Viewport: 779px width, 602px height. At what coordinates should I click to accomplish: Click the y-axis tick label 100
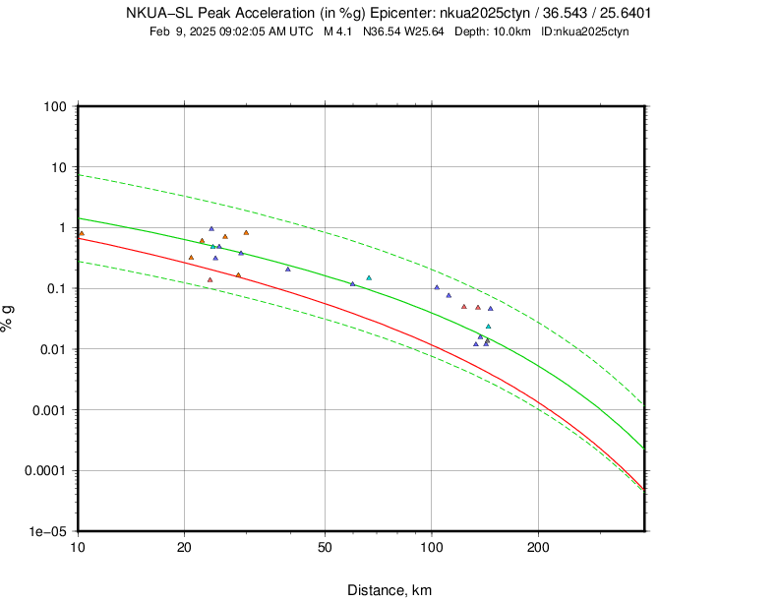pos(53,106)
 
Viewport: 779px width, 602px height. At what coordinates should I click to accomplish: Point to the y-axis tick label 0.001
pos(47,409)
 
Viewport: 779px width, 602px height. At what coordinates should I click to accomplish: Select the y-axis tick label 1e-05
pos(48,531)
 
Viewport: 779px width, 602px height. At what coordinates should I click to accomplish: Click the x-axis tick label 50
pos(325,547)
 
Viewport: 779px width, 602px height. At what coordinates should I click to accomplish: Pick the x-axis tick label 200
pos(538,547)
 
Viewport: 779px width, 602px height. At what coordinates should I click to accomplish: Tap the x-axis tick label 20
pos(184,547)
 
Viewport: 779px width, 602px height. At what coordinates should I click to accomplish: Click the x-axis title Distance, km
pos(389,590)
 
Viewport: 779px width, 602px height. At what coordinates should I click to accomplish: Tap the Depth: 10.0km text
pos(495,31)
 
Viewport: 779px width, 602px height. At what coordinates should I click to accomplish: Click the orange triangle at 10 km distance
pos(82,234)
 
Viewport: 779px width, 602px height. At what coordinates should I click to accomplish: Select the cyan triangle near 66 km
pos(369,278)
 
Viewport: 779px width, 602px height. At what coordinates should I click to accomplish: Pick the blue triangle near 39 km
pos(287,269)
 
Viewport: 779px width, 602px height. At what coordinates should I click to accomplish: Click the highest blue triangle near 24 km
pos(211,229)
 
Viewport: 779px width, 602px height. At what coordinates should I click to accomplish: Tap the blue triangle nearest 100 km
pos(437,287)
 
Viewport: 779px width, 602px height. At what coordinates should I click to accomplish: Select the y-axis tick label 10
pos(57,167)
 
